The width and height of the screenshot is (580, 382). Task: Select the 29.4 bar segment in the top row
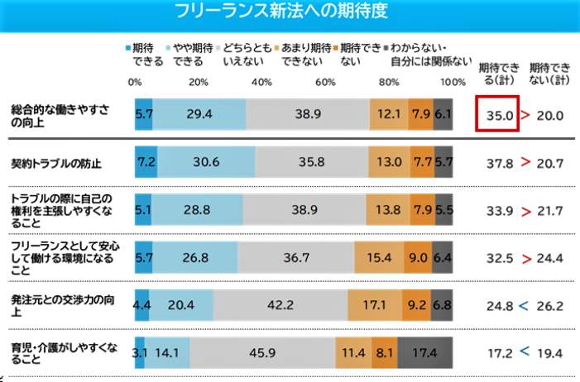(x=199, y=116)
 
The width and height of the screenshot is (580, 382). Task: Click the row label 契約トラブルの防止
(x=55, y=163)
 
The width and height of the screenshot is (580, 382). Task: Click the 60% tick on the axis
(x=325, y=82)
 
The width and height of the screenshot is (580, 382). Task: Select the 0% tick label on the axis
(x=136, y=82)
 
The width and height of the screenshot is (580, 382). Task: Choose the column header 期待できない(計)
(x=550, y=73)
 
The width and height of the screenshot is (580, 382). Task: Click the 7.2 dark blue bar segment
(x=146, y=163)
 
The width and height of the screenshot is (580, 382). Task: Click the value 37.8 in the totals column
(x=498, y=163)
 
